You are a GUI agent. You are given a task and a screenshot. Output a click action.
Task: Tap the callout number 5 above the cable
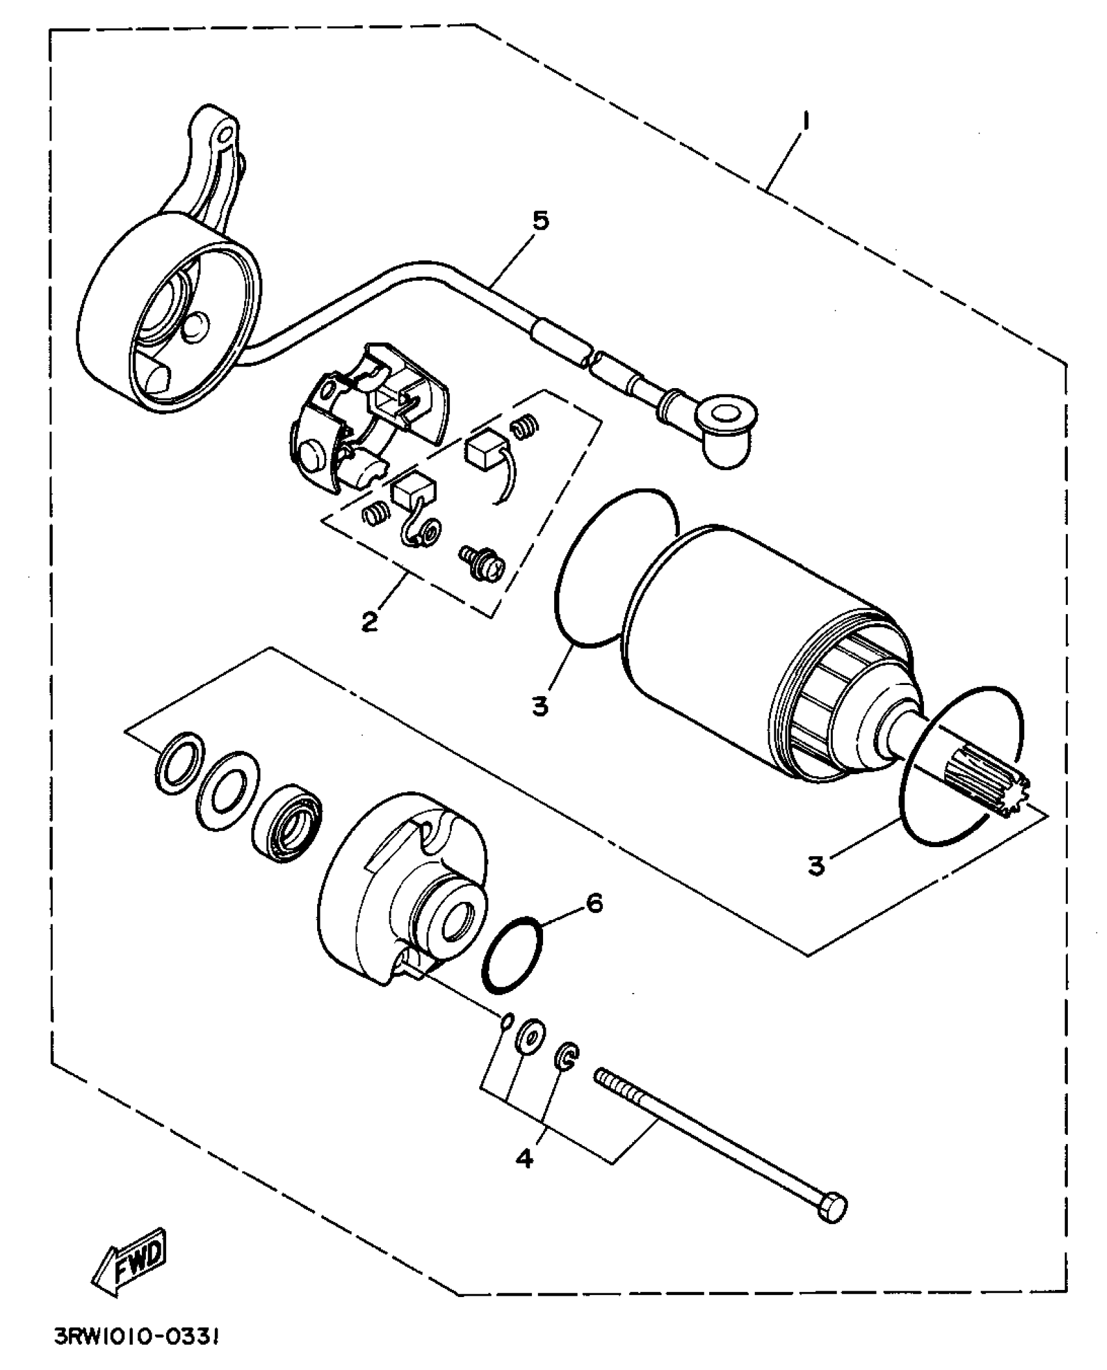540,221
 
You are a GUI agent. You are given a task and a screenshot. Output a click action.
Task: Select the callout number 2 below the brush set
369,621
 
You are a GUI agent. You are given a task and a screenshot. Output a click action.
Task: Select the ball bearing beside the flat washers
287,826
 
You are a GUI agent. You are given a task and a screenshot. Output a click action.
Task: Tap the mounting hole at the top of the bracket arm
225,135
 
